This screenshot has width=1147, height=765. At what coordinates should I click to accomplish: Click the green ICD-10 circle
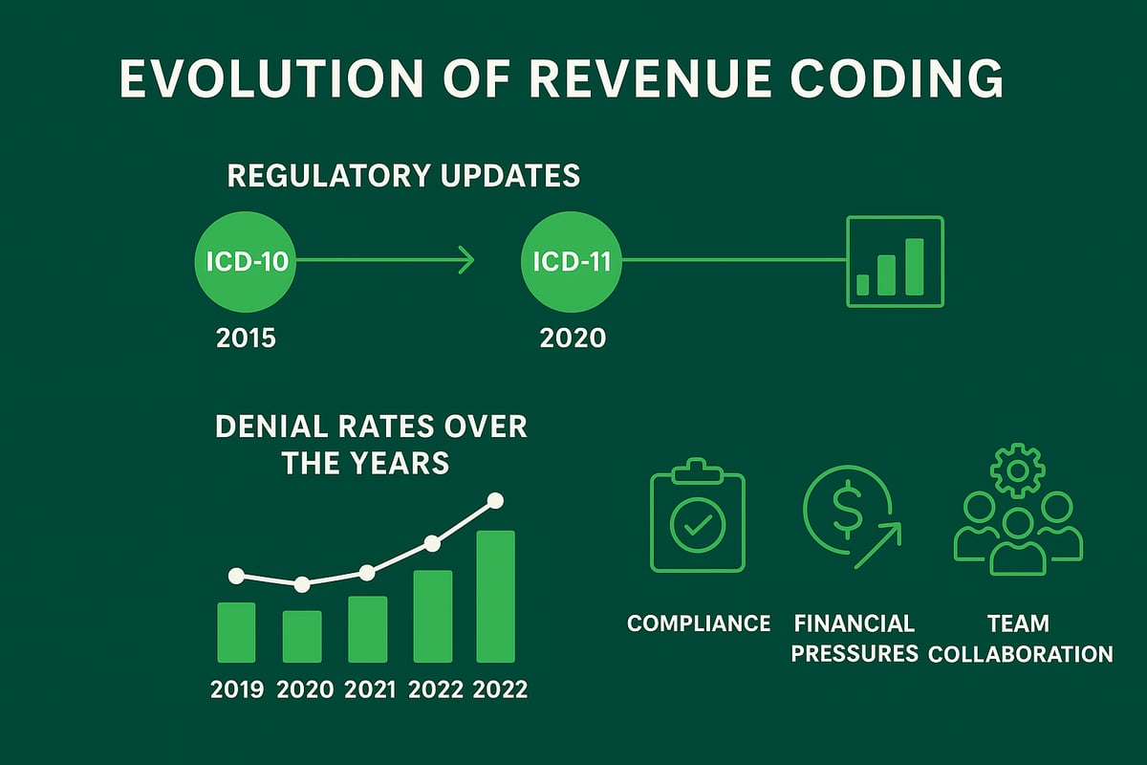246,260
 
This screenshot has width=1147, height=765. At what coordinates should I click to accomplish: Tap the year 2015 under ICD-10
246,338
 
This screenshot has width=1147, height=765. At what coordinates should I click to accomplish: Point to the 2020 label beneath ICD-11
572,338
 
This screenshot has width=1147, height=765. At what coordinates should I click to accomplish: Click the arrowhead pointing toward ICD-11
466,260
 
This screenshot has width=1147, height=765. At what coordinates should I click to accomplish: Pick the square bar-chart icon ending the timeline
895,261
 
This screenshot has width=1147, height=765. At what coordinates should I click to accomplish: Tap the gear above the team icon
1017,470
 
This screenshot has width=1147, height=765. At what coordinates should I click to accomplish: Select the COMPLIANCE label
698,623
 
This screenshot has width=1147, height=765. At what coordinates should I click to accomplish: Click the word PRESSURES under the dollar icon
855,653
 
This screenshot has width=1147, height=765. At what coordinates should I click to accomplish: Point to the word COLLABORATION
1020,654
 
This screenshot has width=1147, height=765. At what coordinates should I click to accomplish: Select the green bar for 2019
236,632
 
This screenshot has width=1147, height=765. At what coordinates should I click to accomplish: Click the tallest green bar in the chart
495,596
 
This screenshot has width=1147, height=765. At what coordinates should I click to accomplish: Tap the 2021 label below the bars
367,688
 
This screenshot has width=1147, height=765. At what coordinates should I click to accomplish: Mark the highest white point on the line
495,499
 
